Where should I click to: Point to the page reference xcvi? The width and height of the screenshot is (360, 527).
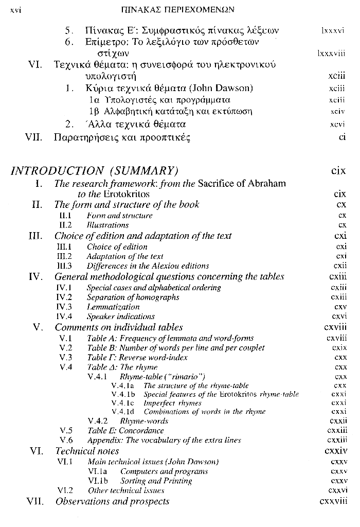click(337, 125)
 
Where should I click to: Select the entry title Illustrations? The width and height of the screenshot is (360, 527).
click(107, 225)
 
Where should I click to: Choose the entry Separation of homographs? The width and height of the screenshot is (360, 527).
click(133, 297)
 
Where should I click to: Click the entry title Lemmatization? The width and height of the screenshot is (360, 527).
click(113, 307)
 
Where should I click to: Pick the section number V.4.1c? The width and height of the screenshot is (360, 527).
click(122, 403)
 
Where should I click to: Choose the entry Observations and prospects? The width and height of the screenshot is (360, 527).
click(112, 501)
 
